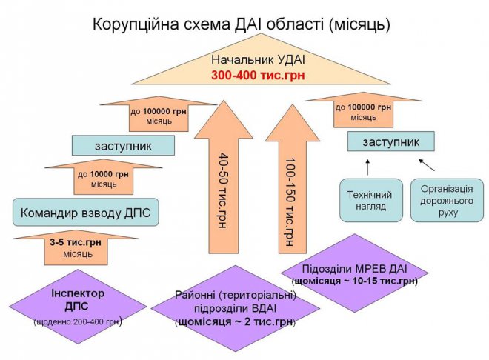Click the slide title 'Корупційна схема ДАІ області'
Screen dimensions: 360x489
click(241, 24)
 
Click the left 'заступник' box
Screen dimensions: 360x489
click(123, 144)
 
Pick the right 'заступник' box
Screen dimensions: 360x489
click(390, 141)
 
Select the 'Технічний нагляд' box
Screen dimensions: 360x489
click(371, 200)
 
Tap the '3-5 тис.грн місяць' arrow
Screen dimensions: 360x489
click(71, 247)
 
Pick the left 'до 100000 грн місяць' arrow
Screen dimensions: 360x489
click(158, 115)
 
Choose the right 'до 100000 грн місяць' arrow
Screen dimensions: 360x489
click(363, 111)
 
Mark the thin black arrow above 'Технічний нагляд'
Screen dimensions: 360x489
click(368, 165)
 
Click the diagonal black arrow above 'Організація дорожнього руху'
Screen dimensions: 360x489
click(427, 164)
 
